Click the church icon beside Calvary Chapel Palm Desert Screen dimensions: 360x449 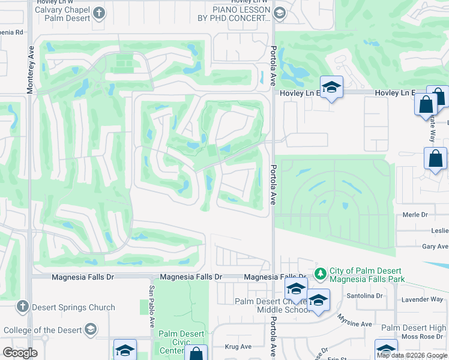[100, 13]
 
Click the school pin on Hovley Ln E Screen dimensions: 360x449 [331, 88]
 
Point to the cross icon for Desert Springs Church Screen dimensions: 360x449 [23, 307]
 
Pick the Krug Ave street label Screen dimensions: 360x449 [238, 347]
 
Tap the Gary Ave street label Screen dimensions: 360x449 [435, 247]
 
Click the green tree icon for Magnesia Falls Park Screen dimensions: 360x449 [321, 274]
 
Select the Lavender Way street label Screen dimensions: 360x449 [423, 299]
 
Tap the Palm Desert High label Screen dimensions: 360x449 [414, 328]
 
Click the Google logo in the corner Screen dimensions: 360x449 [20, 353]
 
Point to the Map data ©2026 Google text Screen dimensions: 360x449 [411, 355]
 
